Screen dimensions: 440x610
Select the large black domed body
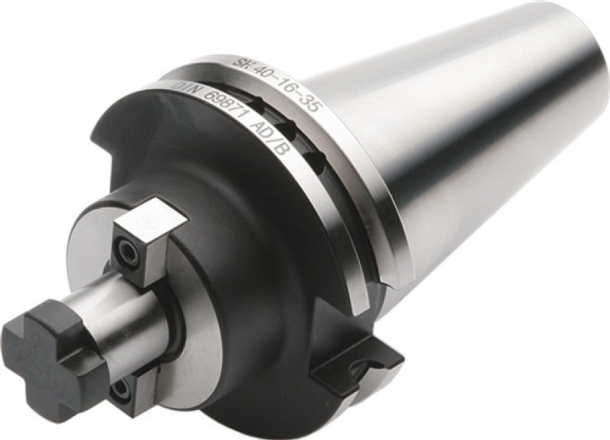[252, 252]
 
